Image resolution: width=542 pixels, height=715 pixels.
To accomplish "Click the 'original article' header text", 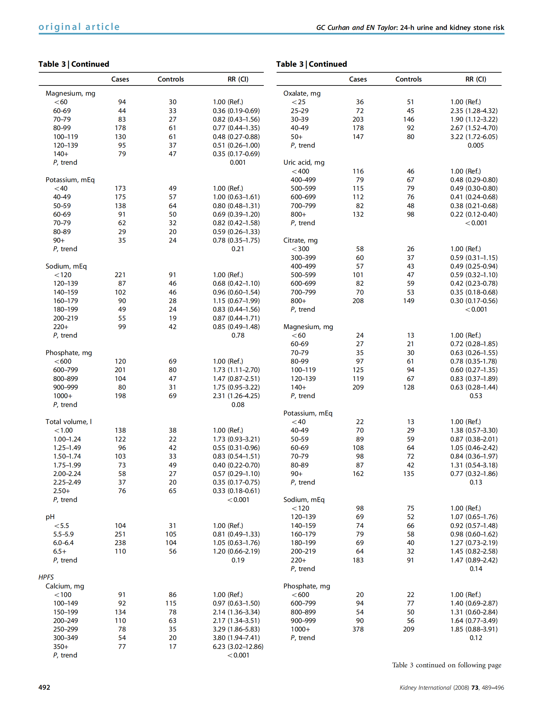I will tap(79, 27).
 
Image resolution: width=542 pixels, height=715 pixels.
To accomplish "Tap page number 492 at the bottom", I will tap(44, 687).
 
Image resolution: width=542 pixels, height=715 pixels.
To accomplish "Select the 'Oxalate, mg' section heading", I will tap(302, 93).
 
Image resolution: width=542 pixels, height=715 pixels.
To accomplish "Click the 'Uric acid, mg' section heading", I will tap(304, 162).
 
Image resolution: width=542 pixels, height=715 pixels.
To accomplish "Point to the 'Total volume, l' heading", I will tap(69, 422).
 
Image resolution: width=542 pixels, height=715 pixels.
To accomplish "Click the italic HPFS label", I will tap(46, 577).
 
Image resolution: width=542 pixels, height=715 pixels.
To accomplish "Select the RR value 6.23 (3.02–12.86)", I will tap(238, 646).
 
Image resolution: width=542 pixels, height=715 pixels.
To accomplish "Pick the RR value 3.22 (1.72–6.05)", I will tap(474, 137).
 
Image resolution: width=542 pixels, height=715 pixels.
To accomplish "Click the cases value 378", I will tap(358, 629).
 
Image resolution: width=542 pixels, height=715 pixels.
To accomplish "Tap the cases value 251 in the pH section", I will tap(120, 534).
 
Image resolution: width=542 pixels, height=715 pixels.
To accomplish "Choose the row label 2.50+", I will tap(62, 491).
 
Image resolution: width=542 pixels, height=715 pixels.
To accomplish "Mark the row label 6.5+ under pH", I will tap(60, 551).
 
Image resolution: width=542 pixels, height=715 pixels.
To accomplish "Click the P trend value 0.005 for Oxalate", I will tap(476, 145).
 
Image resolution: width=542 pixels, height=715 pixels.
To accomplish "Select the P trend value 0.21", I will tap(238, 249).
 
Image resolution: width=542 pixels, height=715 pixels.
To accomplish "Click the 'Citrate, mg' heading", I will tap(301, 240).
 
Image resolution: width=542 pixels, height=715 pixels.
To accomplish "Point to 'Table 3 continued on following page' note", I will tap(446, 665).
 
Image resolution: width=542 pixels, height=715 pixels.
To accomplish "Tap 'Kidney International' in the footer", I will tap(425, 687).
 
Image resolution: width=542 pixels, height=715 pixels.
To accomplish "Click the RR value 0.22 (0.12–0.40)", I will tap(474, 214).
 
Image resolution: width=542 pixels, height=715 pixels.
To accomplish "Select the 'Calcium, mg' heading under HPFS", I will tap(65, 586).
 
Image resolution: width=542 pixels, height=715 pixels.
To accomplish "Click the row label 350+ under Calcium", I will tap(61, 646).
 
